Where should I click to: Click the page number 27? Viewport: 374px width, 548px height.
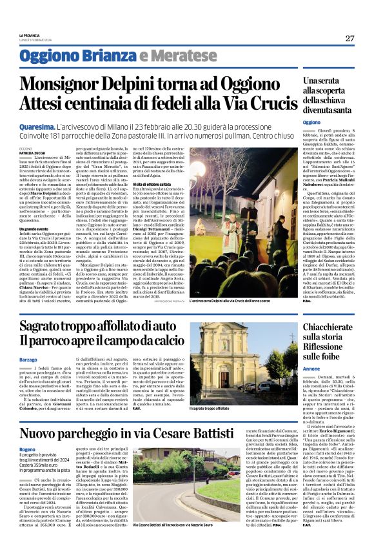(x=349, y=38)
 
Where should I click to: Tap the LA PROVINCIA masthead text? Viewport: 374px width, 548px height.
(x=30, y=36)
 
